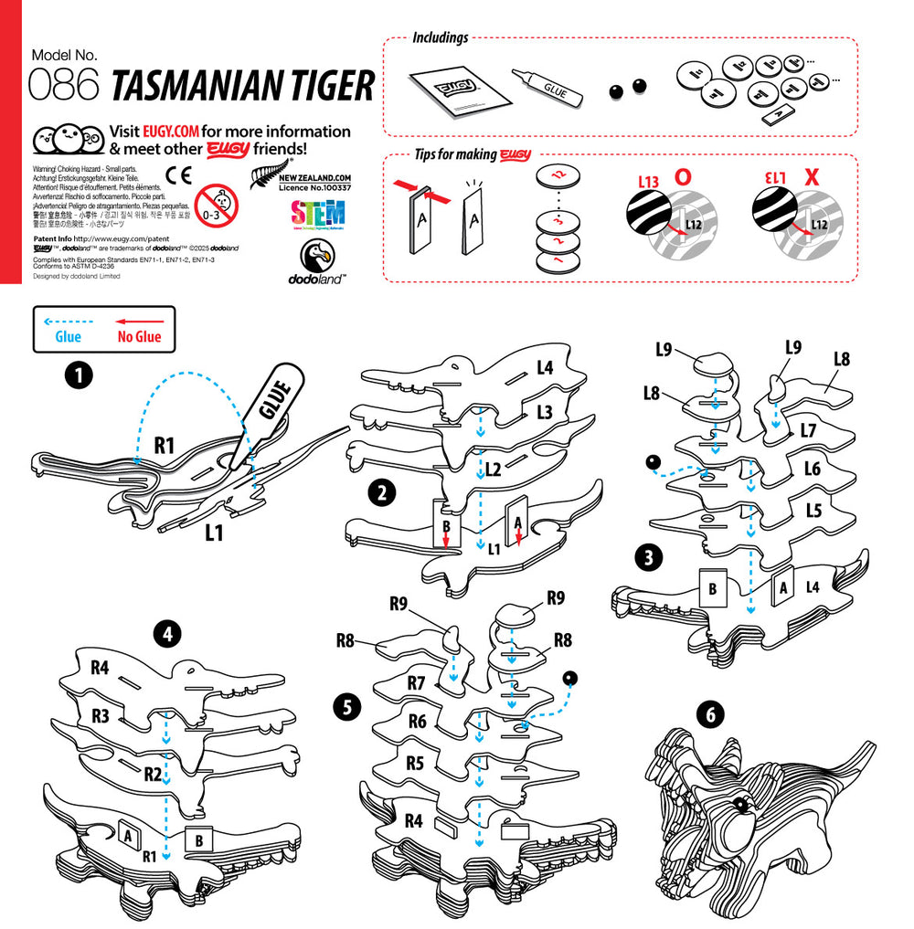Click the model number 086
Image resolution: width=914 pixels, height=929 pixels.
[64, 86]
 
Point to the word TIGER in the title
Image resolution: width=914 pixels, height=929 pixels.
[324, 86]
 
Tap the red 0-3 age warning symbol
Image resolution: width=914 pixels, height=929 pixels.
[218, 202]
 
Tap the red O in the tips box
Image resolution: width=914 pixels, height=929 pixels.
[682, 177]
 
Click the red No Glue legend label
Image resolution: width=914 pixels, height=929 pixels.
[139, 337]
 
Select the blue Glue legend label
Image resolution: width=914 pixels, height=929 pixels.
[69, 337]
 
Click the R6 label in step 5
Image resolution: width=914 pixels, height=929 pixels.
[417, 722]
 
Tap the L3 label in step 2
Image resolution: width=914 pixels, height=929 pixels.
[545, 412]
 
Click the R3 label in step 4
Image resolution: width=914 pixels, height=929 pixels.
[101, 715]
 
